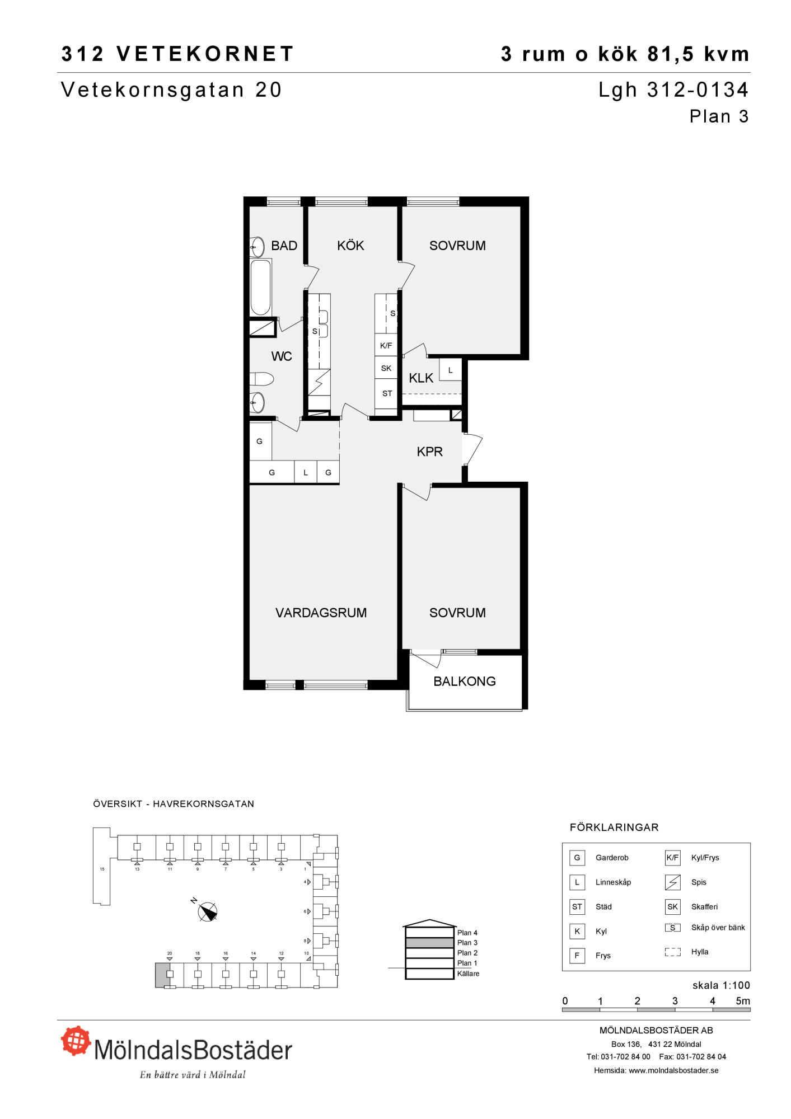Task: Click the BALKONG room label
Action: (x=465, y=681)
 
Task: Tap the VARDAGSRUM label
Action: (x=321, y=613)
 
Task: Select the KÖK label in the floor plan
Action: (x=350, y=245)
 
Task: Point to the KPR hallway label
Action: (x=430, y=452)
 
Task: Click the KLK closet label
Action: (x=421, y=378)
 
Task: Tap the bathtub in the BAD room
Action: (x=260, y=287)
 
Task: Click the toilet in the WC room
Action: (x=261, y=379)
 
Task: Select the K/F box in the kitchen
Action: (x=386, y=345)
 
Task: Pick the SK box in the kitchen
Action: (x=386, y=368)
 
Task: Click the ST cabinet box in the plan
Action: (x=386, y=393)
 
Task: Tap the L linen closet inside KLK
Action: (x=450, y=370)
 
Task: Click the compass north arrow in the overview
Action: (x=208, y=912)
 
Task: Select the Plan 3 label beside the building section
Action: (x=467, y=943)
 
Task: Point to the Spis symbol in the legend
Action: (x=672, y=882)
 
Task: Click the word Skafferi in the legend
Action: (x=704, y=907)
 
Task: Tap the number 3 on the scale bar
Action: (x=675, y=1001)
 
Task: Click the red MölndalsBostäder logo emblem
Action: (x=76, y=1042)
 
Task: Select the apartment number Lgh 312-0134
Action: (x=673, y=90)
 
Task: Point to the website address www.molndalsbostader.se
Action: (x=673, y=1070)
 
